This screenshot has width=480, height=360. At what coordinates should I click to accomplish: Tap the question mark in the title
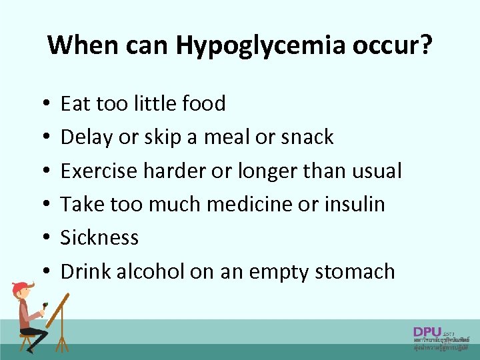425,45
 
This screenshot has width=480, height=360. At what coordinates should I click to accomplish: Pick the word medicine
248,204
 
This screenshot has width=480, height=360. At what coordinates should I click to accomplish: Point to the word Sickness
100,237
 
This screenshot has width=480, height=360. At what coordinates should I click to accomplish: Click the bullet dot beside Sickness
42,239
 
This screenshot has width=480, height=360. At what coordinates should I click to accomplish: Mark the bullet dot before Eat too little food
42,105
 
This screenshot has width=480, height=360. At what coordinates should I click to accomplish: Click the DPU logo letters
427,331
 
